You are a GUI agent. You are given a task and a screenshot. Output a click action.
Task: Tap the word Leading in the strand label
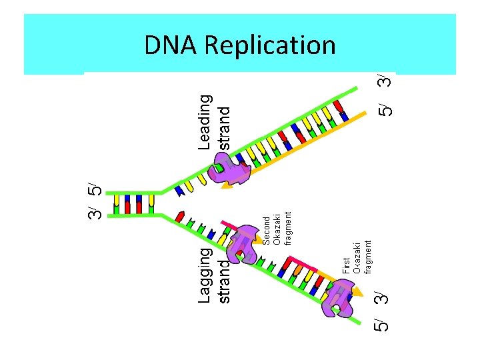tap(206, 121)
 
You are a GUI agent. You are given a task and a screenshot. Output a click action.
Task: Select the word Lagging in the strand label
tap(207, 275)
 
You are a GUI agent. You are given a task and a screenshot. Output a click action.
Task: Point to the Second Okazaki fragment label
tap(277, 229)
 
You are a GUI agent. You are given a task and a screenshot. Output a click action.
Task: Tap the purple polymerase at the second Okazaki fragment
tap(241, 245)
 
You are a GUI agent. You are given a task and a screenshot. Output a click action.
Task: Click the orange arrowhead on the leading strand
tap(227, 186)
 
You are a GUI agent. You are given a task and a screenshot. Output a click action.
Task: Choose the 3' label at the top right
tap(383, 81)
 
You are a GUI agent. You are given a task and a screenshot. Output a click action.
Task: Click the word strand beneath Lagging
tap(225, 282)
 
